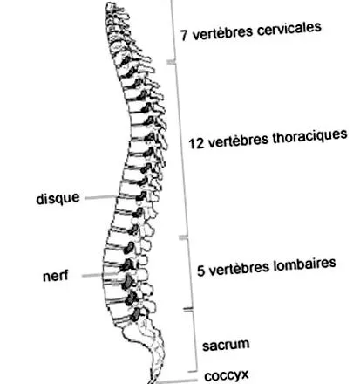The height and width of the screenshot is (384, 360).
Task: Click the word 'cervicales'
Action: coord(289,29)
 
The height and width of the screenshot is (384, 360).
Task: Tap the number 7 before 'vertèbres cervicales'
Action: coord(184,35)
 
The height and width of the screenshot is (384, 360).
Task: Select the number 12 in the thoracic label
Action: coord(196,143)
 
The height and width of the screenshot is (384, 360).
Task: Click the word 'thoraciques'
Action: coord(309,137)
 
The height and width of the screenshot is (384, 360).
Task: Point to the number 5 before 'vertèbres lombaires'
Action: coord(200,271)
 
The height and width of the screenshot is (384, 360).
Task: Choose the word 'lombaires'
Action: coord(304,264)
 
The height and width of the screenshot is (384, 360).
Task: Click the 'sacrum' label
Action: coord(226,345)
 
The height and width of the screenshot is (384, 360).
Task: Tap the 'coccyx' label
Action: coord(227,375)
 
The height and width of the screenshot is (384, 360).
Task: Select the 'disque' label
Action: coord(58,198)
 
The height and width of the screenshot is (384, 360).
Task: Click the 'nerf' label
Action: coord(56,276)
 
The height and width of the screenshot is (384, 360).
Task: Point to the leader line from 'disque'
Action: coord(101,197)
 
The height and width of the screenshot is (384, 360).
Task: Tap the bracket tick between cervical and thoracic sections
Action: coord(171,62)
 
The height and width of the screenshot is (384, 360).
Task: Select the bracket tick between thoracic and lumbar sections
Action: coord(183,237)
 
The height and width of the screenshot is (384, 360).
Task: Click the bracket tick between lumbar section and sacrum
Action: coord(188,309)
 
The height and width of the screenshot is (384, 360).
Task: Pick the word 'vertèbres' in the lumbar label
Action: coord(239,269)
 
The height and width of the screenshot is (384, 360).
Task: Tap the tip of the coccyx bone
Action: coord(151,381)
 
